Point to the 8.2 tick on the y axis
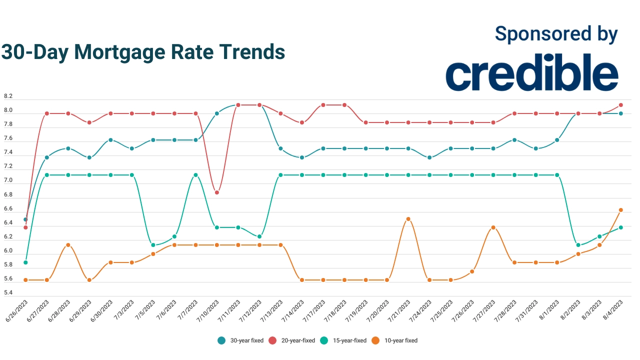click(x=8, y=96)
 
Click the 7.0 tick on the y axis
click(x=8, y=180)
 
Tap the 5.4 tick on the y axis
click(x=8, y=292)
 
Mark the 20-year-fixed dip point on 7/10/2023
click(x=217, y=192)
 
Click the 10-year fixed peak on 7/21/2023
click(x=408, y=219)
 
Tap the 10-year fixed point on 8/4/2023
click(x=621, y=210)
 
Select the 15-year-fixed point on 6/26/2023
click(x=25, y=262)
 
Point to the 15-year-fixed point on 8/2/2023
click(x=578, y=245)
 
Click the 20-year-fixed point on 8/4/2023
click(x=621, y=105)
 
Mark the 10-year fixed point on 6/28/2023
click(x=68, y=245)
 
